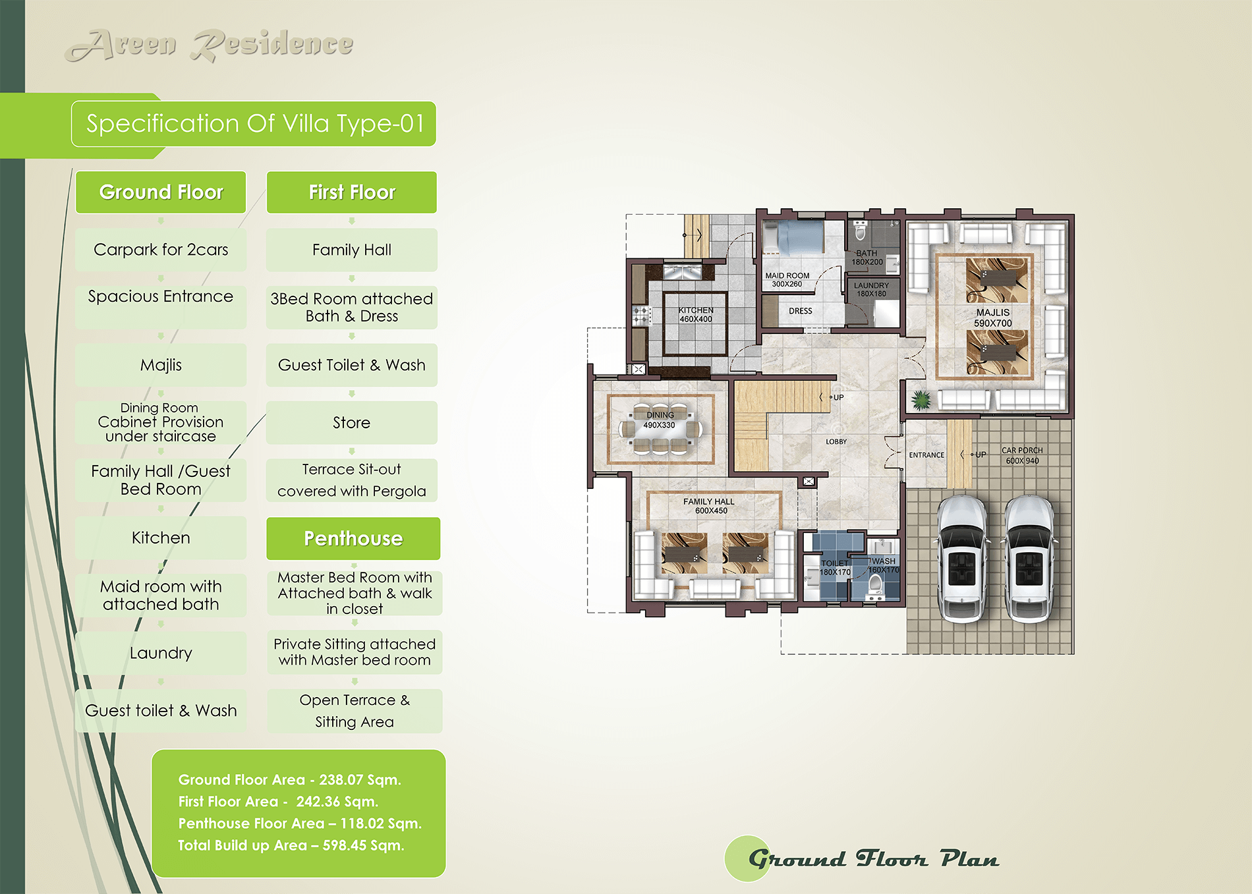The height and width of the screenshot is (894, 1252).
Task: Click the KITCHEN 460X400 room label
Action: click(x=696, y=314)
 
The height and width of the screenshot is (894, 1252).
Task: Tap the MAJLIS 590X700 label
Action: click(x=993, y=318)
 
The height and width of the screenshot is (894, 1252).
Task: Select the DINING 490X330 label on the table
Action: click(x=660, y=420)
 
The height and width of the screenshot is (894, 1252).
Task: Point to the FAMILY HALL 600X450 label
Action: click(x=709, y=506)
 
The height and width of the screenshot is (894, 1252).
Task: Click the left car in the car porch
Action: click(x=963, y=559)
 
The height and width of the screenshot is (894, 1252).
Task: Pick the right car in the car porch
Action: click(x=1029, y=559)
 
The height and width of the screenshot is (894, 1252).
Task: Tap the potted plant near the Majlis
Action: click(x=921, y=399)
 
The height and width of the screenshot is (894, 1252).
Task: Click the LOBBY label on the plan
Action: click(x=836, y=441)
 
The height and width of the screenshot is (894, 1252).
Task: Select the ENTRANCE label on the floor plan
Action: click(x=926, y=455)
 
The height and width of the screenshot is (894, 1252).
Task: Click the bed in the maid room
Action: click(x=793, y=238)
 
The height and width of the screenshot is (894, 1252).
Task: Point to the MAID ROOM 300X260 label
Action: click(x=787, y=280)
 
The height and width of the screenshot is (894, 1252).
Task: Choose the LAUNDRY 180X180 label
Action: click(x=871, y=289)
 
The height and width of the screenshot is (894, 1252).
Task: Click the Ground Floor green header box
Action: click(x=161, y=192)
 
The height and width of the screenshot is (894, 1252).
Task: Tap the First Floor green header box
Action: click(x=352, y=192)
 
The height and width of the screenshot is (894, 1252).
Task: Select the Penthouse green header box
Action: click(x=353, y=538)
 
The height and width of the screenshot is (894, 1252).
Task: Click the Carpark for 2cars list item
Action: click(x=161, y=250)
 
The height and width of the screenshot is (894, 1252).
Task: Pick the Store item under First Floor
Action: click(x=352, y=422)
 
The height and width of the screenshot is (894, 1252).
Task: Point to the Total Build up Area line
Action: click(x=291, y=845)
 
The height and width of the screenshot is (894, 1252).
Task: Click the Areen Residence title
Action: click(x=210, y=45)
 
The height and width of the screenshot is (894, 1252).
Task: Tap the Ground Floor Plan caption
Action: click(x=873, y=858)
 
